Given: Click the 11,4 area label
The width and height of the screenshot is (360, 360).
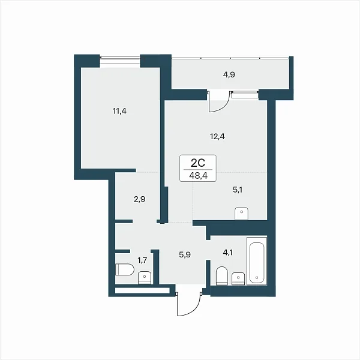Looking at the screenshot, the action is (x=119, y=112).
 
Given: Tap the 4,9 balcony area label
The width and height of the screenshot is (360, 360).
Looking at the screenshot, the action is (x=229, y=75).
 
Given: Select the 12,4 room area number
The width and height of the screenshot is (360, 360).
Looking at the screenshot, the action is (x=217, y=137).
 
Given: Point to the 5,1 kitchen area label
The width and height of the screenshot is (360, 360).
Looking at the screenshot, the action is (x=238, y=190).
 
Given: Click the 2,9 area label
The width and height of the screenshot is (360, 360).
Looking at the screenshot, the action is (x=140, y=199).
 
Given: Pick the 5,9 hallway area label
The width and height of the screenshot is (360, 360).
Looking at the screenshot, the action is (x=185, y=254).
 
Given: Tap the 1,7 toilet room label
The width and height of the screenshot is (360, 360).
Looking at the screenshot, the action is (x=142, y=260).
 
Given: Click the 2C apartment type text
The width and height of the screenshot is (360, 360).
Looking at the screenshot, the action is (x=198, y=163).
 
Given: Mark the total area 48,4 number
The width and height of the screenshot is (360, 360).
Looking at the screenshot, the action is (x=198, y=176).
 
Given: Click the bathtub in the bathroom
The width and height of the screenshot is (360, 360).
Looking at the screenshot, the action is (x=257, y=261).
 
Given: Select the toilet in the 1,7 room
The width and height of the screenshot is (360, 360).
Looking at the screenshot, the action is (x=124, y=269).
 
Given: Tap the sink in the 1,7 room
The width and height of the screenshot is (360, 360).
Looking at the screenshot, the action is (x=145, y=278).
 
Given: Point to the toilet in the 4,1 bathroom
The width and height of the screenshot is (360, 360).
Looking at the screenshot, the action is (x=222, y=276).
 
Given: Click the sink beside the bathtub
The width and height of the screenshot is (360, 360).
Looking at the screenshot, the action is (x=238, y=278).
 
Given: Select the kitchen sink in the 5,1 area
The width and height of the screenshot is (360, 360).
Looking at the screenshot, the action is (x=242, y=213).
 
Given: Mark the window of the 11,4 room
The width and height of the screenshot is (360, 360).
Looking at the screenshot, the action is (x=120, y=61).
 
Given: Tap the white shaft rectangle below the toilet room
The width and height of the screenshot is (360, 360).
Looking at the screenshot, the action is (x=142, y=290).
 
